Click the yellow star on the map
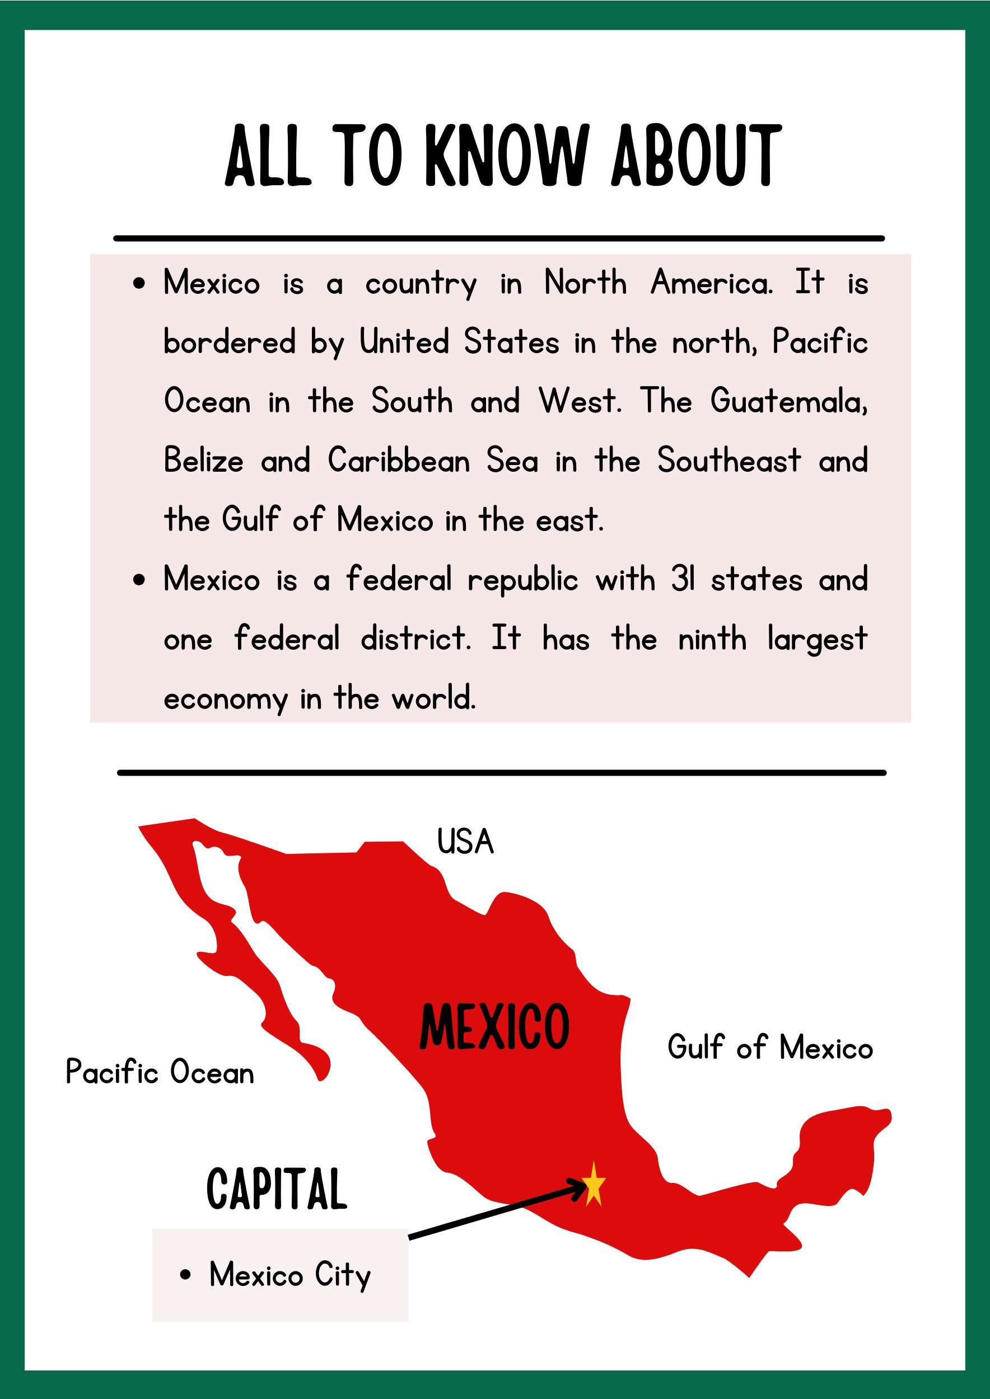(x=593, y=1184)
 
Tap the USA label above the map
(x=465, y=842)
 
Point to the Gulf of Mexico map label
(x=770, y=1048)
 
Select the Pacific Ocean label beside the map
(x=160, y=1072)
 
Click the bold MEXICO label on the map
(x=494, y=1027)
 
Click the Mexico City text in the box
(x=289, y=1275)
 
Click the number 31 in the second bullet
(x=683, y=579)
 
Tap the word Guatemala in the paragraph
(x=788, y=402)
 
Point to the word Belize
(x=204, y=461)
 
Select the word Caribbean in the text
(x=399, y=461)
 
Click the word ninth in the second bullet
(x=712, y=639)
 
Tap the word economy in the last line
(x=225, y=699)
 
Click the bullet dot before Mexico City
(x=186, y=1275)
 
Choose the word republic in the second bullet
(x=522, y=579)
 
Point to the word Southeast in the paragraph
(x=729, y=461)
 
